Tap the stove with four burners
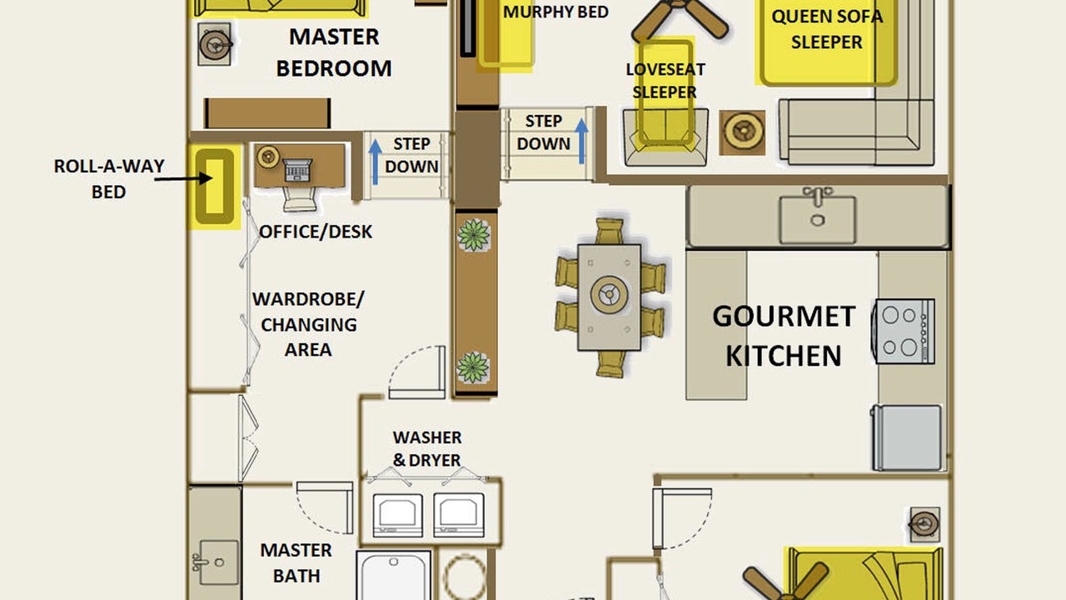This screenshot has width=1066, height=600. tap(904, 331)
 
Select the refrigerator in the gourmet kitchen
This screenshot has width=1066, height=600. tap(907, 437)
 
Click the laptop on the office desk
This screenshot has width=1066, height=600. tap(298, 170)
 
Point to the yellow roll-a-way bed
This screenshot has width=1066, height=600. tap(215, 186)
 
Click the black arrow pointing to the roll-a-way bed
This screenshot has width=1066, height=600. tap(183, 178)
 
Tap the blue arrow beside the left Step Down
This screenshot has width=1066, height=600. tap(376, 161)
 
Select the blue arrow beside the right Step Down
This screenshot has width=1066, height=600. tap(581, 141)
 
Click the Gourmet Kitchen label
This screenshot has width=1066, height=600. tap(784, 336)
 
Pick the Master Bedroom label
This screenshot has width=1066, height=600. tap(334, 52)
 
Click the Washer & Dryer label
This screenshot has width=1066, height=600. tap(427, 448)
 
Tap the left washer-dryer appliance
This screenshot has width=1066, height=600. tap(397, 515)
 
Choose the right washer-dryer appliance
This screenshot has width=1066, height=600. tap(459, 515)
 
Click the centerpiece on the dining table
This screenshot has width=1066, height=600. tap(609, 294)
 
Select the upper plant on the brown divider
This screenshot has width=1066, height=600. tap(474, 235)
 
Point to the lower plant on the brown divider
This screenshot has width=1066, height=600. tap(472, 367)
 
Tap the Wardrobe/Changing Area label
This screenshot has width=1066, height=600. tap(308, 324)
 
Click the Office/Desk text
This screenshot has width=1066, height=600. tap(316, 232)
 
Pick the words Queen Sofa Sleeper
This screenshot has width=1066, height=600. tap(827, 29)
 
